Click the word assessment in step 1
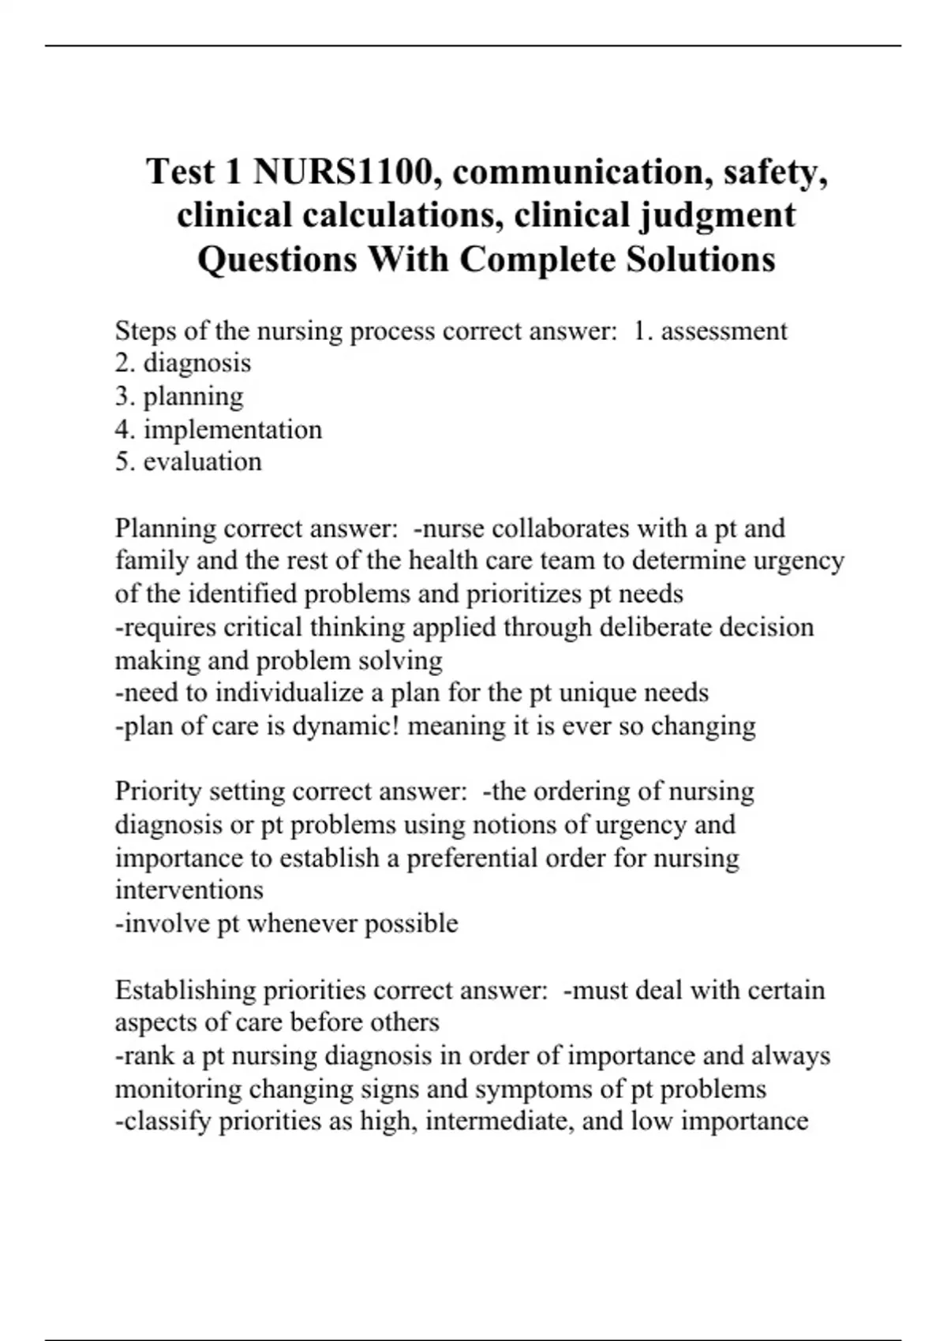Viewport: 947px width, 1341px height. [x=724, y=331]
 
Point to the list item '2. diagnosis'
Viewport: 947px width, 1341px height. [x=183, y=363]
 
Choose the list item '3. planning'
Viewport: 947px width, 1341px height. [x=179, y=396]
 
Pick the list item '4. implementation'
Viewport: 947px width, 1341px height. [x=219, y=429]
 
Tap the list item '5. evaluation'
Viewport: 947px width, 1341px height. [x=188, y=461]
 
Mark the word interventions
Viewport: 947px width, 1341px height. [x=189, y=890]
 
